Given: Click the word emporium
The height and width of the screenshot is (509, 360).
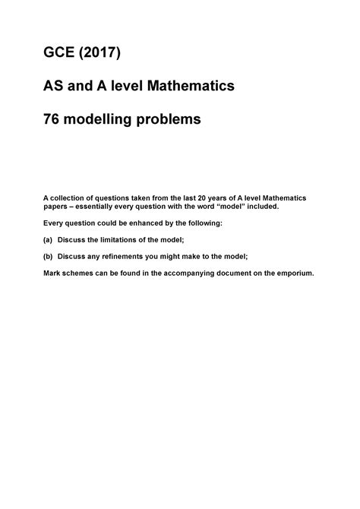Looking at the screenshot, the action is pos(294,273).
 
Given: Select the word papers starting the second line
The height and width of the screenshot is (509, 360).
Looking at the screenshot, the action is pos(63,206).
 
